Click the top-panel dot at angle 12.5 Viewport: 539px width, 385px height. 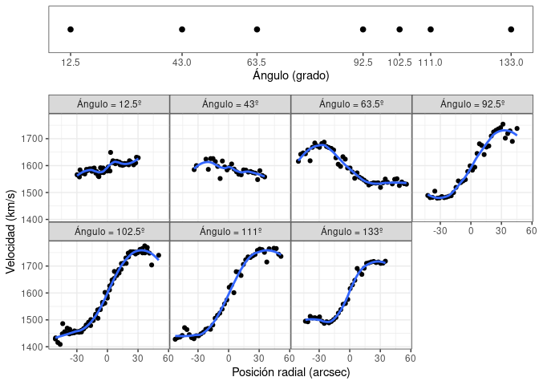[71, 30]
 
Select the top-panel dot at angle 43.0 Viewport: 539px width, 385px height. [182, 30]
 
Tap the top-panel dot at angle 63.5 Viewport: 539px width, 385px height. [257, 30]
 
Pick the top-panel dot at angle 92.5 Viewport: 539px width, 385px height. [363, 30]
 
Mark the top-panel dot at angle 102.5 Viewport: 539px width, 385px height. [399, 30]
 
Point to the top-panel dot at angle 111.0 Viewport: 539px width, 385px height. [431, 30]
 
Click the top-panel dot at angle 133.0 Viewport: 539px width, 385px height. [511, 30]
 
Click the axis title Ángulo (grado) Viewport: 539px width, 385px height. [290, 75]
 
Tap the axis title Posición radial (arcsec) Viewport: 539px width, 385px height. [290, 372]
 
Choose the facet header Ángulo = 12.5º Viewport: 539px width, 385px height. [109, 104]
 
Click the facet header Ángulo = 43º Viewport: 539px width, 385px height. [230, 104]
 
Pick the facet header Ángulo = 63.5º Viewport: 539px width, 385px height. [351, 104]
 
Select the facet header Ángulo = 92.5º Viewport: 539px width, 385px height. [472, 104]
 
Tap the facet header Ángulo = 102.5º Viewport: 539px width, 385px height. [109, 231]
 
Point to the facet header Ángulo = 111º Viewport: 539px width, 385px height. [230, 231]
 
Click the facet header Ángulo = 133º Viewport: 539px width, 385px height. [351, 231]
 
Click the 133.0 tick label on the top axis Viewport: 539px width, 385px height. [511, 62]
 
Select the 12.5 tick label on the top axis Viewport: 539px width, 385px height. [71, 62]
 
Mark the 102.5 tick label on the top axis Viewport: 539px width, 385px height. [399, 62]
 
